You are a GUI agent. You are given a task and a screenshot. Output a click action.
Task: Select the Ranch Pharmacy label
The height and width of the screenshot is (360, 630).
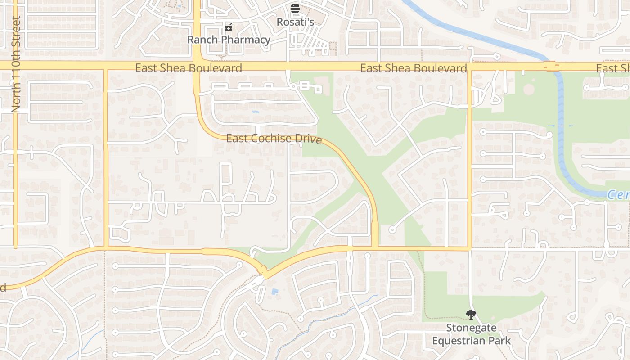coord(229,40)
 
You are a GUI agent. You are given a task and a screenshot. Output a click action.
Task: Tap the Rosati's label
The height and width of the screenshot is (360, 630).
coord(295,22)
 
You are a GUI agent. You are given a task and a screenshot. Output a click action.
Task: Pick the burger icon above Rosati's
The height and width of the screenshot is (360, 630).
coord(295,8)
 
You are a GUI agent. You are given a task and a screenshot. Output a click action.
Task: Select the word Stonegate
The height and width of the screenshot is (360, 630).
coord(471,328)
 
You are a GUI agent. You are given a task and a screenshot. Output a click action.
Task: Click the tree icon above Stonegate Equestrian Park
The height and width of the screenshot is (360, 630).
coord(471,315)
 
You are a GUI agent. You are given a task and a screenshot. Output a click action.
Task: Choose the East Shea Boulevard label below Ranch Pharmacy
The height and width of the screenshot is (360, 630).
coord(189,68)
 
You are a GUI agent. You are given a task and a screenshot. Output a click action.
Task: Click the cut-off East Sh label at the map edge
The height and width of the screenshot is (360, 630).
coord(613,68)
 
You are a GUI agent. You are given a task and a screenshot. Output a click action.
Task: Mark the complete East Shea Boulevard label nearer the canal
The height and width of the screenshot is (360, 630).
coord(413,68)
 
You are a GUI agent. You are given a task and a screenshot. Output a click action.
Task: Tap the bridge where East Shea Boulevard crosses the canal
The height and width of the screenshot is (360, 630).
coord(551,67)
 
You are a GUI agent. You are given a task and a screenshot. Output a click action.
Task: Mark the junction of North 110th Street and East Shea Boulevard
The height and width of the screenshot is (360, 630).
coord(16,66)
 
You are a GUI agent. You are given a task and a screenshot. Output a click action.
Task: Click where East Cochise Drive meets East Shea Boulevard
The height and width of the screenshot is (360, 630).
coord(197,66)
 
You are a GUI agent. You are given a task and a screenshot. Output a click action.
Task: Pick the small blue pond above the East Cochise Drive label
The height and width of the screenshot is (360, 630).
coord(256,112)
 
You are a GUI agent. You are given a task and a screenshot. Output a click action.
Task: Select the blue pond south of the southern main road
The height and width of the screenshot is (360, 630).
coord(274,292)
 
